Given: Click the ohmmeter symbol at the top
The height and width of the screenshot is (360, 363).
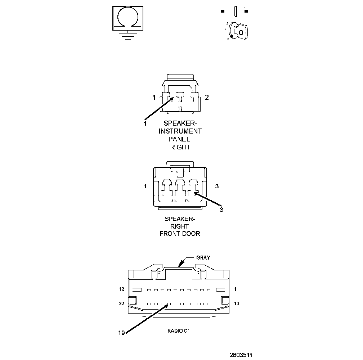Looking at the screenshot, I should tap(128, 17).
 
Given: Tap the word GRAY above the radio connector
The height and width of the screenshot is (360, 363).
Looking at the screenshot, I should tap(203, 257).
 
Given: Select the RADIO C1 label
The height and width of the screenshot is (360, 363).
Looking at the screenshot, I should tap(178, 330).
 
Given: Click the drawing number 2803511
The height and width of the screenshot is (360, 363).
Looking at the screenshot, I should tap(241, 355).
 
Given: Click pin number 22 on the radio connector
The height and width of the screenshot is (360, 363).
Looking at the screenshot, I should tap(122, 303).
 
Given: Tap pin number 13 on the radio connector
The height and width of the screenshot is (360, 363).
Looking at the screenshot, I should tap(237, 303).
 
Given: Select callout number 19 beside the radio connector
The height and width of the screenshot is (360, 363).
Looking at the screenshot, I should tap(121, 333).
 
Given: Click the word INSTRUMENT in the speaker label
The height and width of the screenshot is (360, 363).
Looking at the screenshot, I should tap(180, 131).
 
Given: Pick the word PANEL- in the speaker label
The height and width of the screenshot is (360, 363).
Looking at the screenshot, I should tap(180, 139).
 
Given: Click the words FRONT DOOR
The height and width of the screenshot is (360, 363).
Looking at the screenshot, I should tap(180, 234).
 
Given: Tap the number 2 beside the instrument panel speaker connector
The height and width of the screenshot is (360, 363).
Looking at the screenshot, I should tap(207, 97).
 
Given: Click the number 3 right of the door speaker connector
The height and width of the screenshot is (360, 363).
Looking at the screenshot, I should tap(217, 186).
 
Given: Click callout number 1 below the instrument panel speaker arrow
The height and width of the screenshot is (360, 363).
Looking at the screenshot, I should tap(145, 123).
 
